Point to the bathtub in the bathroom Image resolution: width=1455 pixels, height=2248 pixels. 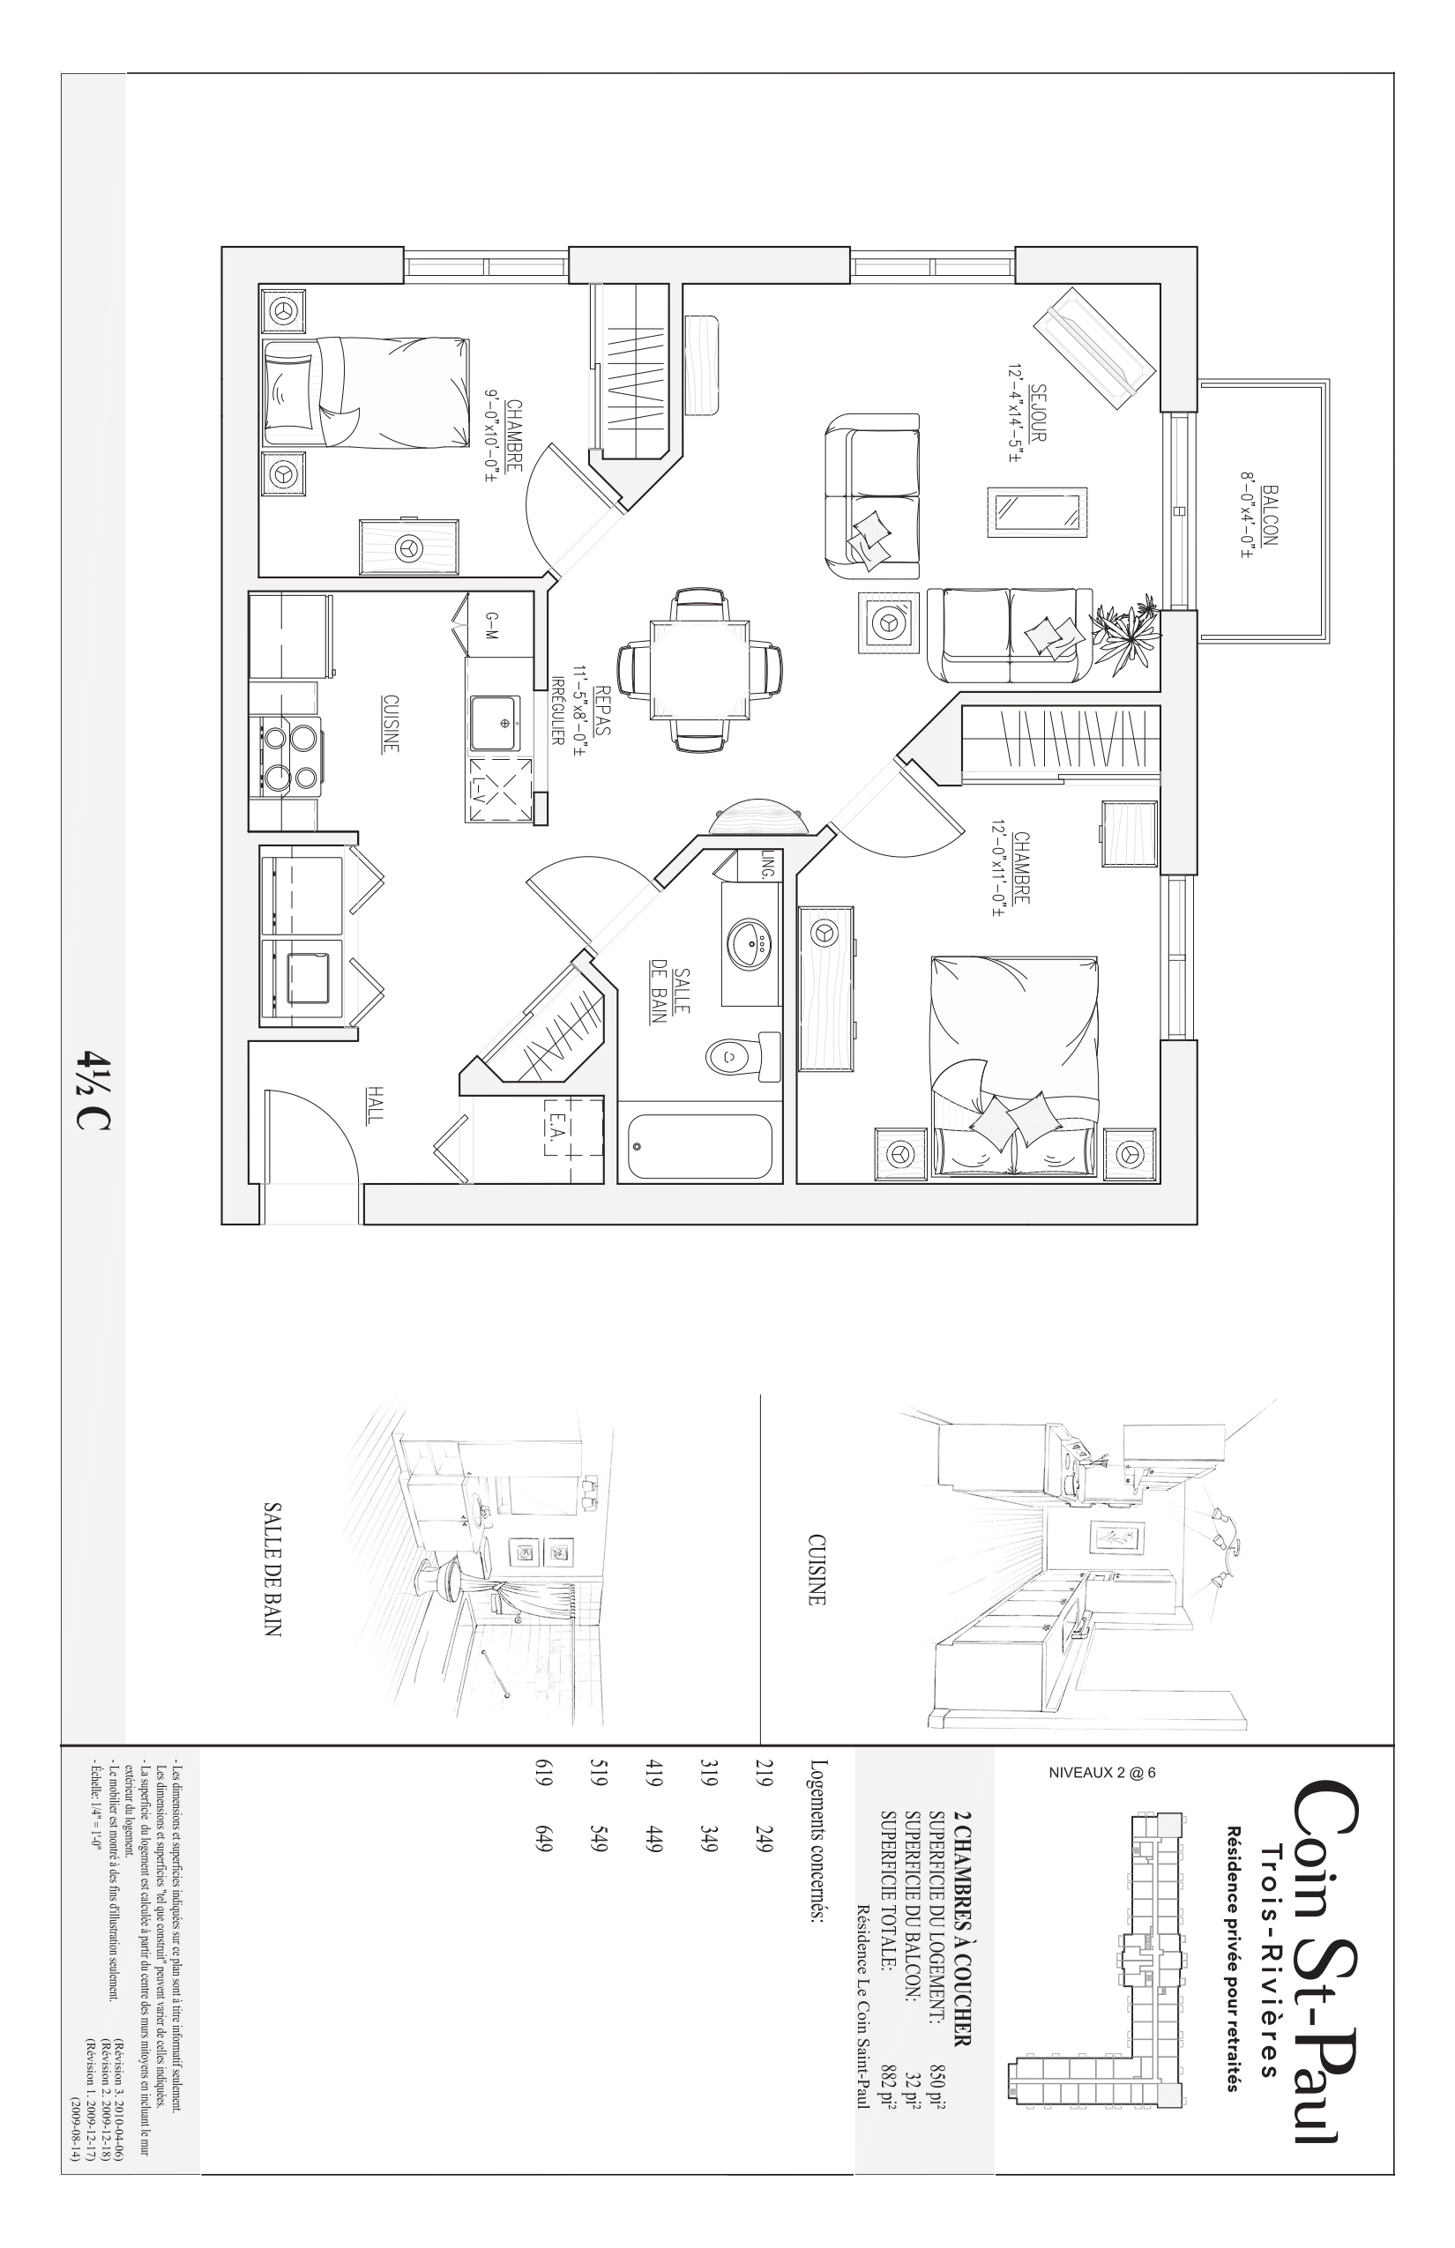(x=700, y=1146)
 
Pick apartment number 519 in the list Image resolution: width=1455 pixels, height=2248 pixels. (x=597, y=1783)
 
